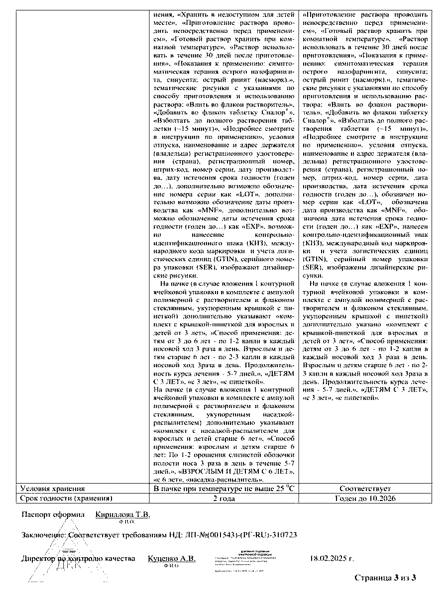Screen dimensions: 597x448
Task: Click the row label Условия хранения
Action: point(52,489)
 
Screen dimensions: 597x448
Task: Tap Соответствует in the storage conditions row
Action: point(365,489)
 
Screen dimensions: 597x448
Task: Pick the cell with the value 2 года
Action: point(224,498)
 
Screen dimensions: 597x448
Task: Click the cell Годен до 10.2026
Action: point(365,498)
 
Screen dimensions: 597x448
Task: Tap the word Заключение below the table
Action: point(42,535)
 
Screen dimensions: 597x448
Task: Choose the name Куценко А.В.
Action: point(172,558)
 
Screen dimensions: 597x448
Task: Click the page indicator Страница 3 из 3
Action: point(385,578)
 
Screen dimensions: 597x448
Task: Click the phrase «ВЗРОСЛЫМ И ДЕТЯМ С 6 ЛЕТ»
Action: point(235,471)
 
